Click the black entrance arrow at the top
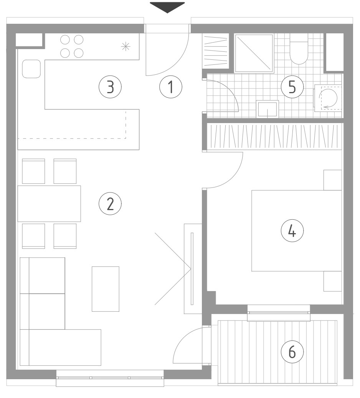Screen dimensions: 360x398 167,7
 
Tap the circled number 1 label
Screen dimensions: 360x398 171,87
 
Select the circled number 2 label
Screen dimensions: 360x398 110,203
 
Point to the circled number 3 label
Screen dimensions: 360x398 110,87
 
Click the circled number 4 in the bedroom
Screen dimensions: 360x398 292,231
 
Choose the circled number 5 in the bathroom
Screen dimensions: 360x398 292,87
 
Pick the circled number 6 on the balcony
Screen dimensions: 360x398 292,352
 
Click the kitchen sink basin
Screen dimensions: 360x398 31,69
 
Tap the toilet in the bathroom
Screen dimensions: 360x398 299,49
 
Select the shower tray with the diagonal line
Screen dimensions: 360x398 254,53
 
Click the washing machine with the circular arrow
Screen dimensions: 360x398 328,98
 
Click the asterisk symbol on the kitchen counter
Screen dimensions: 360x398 126,46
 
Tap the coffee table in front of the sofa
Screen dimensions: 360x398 106,289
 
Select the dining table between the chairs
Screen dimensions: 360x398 49,204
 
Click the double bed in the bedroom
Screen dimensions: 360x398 297,231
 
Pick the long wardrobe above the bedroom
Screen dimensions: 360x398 274,137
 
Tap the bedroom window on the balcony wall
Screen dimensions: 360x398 279,313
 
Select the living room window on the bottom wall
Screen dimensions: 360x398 110,378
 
